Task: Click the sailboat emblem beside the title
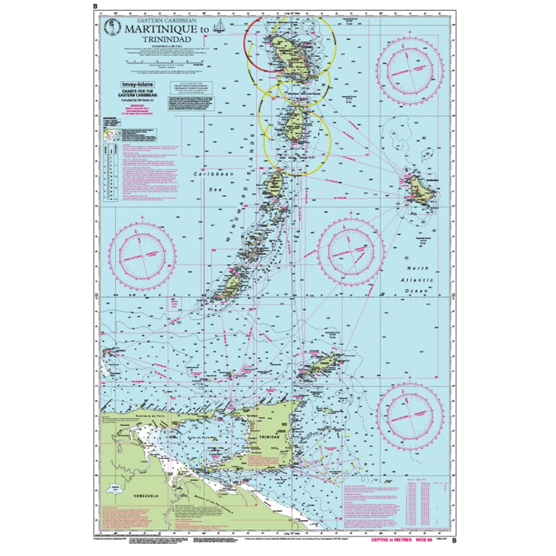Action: tap(222, 26)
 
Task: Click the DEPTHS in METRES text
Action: tap(387, 540)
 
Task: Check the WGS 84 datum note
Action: tap(424, 540)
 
